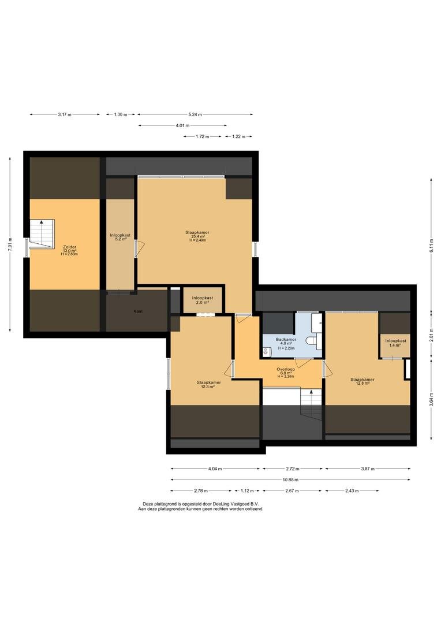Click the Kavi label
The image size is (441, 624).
pos(138,311)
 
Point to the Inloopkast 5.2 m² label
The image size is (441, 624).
pos(121,237)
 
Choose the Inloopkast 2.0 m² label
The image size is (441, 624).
pos(203,300)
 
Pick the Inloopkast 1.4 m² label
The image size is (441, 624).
pos(395,343)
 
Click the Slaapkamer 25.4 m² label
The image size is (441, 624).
pos(197,236)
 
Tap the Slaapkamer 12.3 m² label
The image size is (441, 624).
pos(209,384)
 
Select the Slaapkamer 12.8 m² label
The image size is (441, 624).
pos(362,382)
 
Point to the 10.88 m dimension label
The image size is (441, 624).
pos(290,480)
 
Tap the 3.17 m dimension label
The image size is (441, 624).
pos(65,114)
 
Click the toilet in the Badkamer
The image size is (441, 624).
pos(311,341)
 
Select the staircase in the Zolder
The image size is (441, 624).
pos(42,233)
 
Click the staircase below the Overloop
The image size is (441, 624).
pos(311,404)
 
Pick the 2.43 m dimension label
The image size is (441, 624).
pos(352,491)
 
